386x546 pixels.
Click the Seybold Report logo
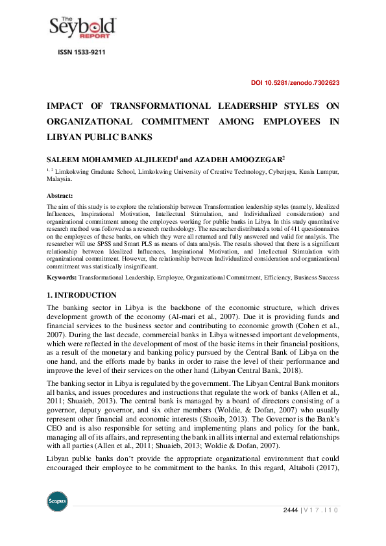click(x=82, y=28)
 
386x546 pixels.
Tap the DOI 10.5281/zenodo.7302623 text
click(x=295, y=83)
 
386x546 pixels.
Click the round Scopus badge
click(x=58, y=501)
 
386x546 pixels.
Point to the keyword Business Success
click(x=313, y=278)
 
